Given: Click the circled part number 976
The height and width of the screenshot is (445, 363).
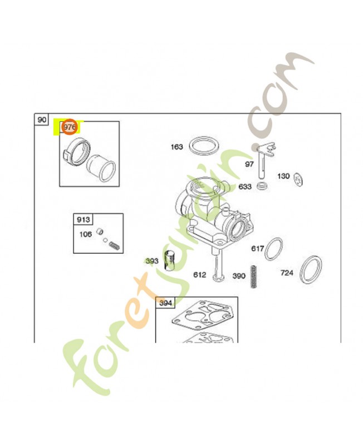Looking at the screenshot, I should pos(69,128).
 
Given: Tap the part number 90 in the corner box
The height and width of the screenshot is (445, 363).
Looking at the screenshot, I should pos(42,120).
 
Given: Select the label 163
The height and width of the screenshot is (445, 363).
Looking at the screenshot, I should pos(176,147).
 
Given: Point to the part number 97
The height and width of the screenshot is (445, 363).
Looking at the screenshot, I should pos(249,165).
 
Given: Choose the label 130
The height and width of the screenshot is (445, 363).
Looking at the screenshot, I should pos(283,176).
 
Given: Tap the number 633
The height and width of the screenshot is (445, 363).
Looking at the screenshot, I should pos(245,186).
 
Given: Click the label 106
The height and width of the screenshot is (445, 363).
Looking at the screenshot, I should pos(85,234).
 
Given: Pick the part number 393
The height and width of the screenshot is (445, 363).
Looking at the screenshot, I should pos(152,260).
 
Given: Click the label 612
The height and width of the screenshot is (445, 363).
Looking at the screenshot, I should pos(200,275).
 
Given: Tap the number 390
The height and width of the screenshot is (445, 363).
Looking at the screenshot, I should pos(239,275).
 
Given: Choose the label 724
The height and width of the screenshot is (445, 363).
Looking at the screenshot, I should pos(287,273).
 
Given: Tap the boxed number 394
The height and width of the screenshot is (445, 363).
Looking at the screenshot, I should pos(165,303).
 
